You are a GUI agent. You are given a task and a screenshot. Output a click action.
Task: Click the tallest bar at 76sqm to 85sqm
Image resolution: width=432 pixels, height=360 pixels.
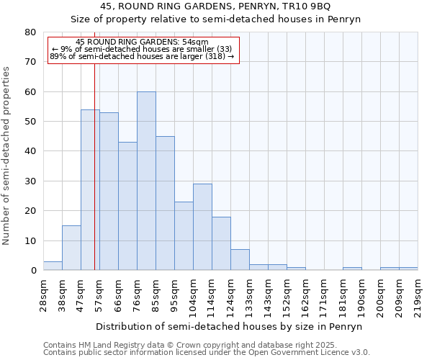click(x=146, y=181)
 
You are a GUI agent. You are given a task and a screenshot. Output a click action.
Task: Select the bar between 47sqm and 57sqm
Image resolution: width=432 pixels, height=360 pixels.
click(x=90, y=190)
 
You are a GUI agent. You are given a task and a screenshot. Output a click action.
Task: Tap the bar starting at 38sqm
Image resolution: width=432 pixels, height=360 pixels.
click(x=71, y=248)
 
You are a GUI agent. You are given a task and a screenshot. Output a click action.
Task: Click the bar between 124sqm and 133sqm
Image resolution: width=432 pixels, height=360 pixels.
click(x=240, y=260)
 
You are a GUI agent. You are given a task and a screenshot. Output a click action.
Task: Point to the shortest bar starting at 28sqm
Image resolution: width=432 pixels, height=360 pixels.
click(x=53, y=266)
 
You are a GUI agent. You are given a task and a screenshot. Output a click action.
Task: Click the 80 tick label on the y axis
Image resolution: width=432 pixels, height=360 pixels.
click(x=30, y=32)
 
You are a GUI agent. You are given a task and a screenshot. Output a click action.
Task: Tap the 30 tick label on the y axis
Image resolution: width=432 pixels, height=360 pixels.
click(x=30, y=181)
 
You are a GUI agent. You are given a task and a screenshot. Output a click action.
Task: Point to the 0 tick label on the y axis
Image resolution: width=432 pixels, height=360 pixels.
click(x=32, y=271)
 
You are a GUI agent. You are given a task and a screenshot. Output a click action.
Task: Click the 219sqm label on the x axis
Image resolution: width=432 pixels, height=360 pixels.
click(x=418, y=294)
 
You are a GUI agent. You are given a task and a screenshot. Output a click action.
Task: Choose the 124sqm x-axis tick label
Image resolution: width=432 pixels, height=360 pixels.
click(x=230, y=294)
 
